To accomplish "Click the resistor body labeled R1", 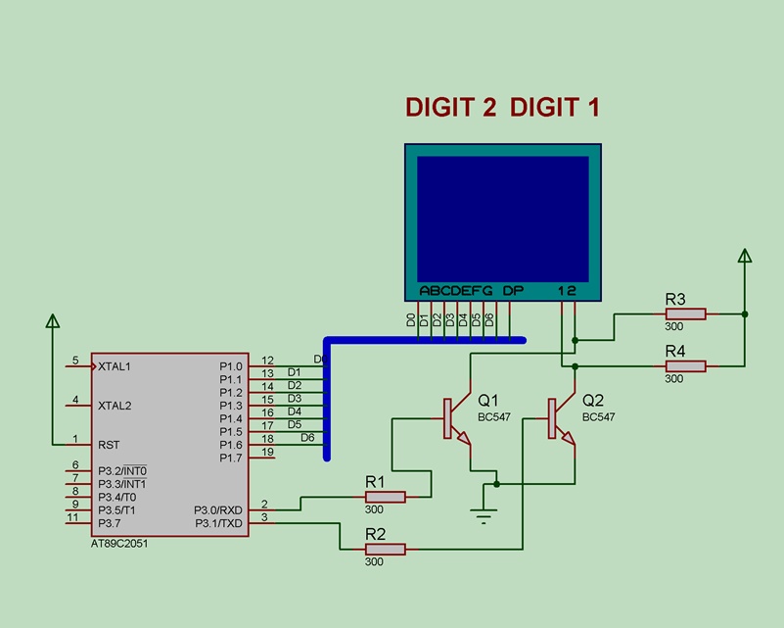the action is click(385, 497).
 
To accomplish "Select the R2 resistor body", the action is click(385, 549).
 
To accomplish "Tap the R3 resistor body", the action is click(685, 314).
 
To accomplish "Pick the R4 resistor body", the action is click(685, 365).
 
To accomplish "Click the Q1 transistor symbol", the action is click(456, 419).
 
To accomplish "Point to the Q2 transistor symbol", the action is click(561, 419).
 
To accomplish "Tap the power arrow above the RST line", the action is click(53, 320).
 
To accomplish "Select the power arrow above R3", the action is click(745, 255).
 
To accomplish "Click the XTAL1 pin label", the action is click(115, 366).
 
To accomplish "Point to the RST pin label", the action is click(109, 445).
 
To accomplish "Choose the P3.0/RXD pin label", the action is click(218, 509).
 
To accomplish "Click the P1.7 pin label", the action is click(230, 458).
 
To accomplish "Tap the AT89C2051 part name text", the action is click(119, 544).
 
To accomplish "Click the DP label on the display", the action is click(513, 291).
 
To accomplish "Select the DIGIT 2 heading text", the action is click(451, 108).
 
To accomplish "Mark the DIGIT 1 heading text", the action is click(555, 108).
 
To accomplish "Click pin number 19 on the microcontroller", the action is click(267, 452).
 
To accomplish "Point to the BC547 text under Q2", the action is click(598, 416).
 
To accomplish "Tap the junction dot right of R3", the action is click(745, 314).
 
